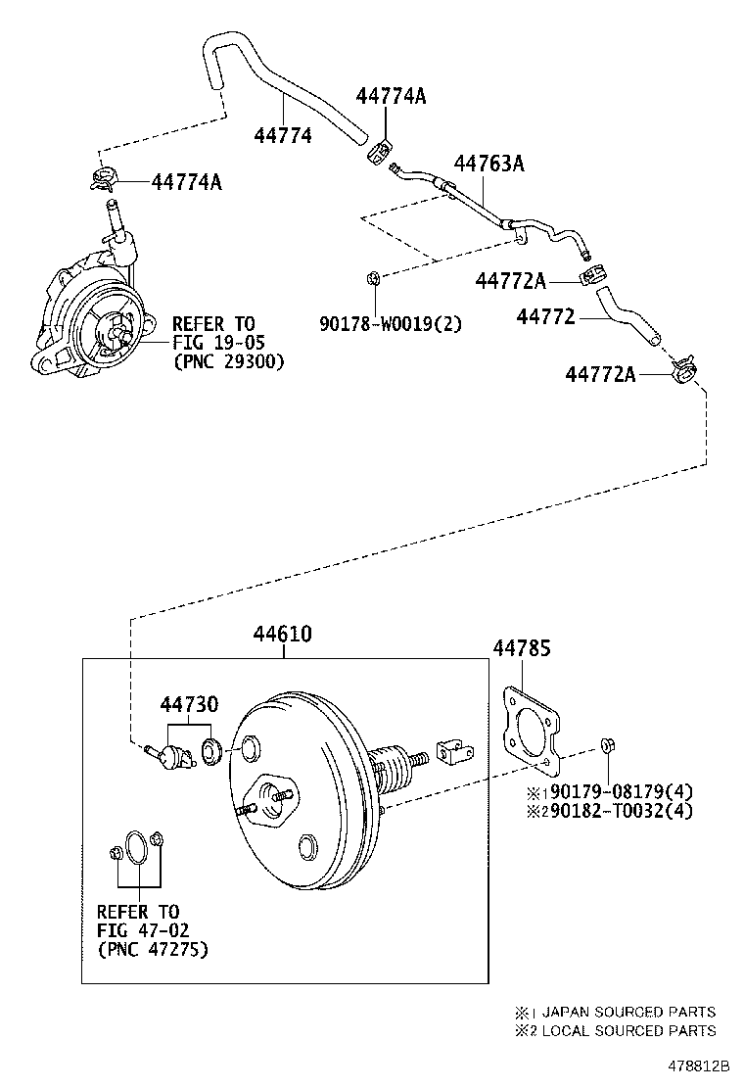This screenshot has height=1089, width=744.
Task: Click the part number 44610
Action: [283, 635]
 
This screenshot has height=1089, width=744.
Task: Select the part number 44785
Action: [521, 647]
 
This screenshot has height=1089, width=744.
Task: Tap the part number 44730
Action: [190, 704]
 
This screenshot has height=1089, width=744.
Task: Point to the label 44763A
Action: [488, 164]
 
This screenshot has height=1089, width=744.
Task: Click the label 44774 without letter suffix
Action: [283, 136]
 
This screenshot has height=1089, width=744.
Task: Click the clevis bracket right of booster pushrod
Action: [452, 753]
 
